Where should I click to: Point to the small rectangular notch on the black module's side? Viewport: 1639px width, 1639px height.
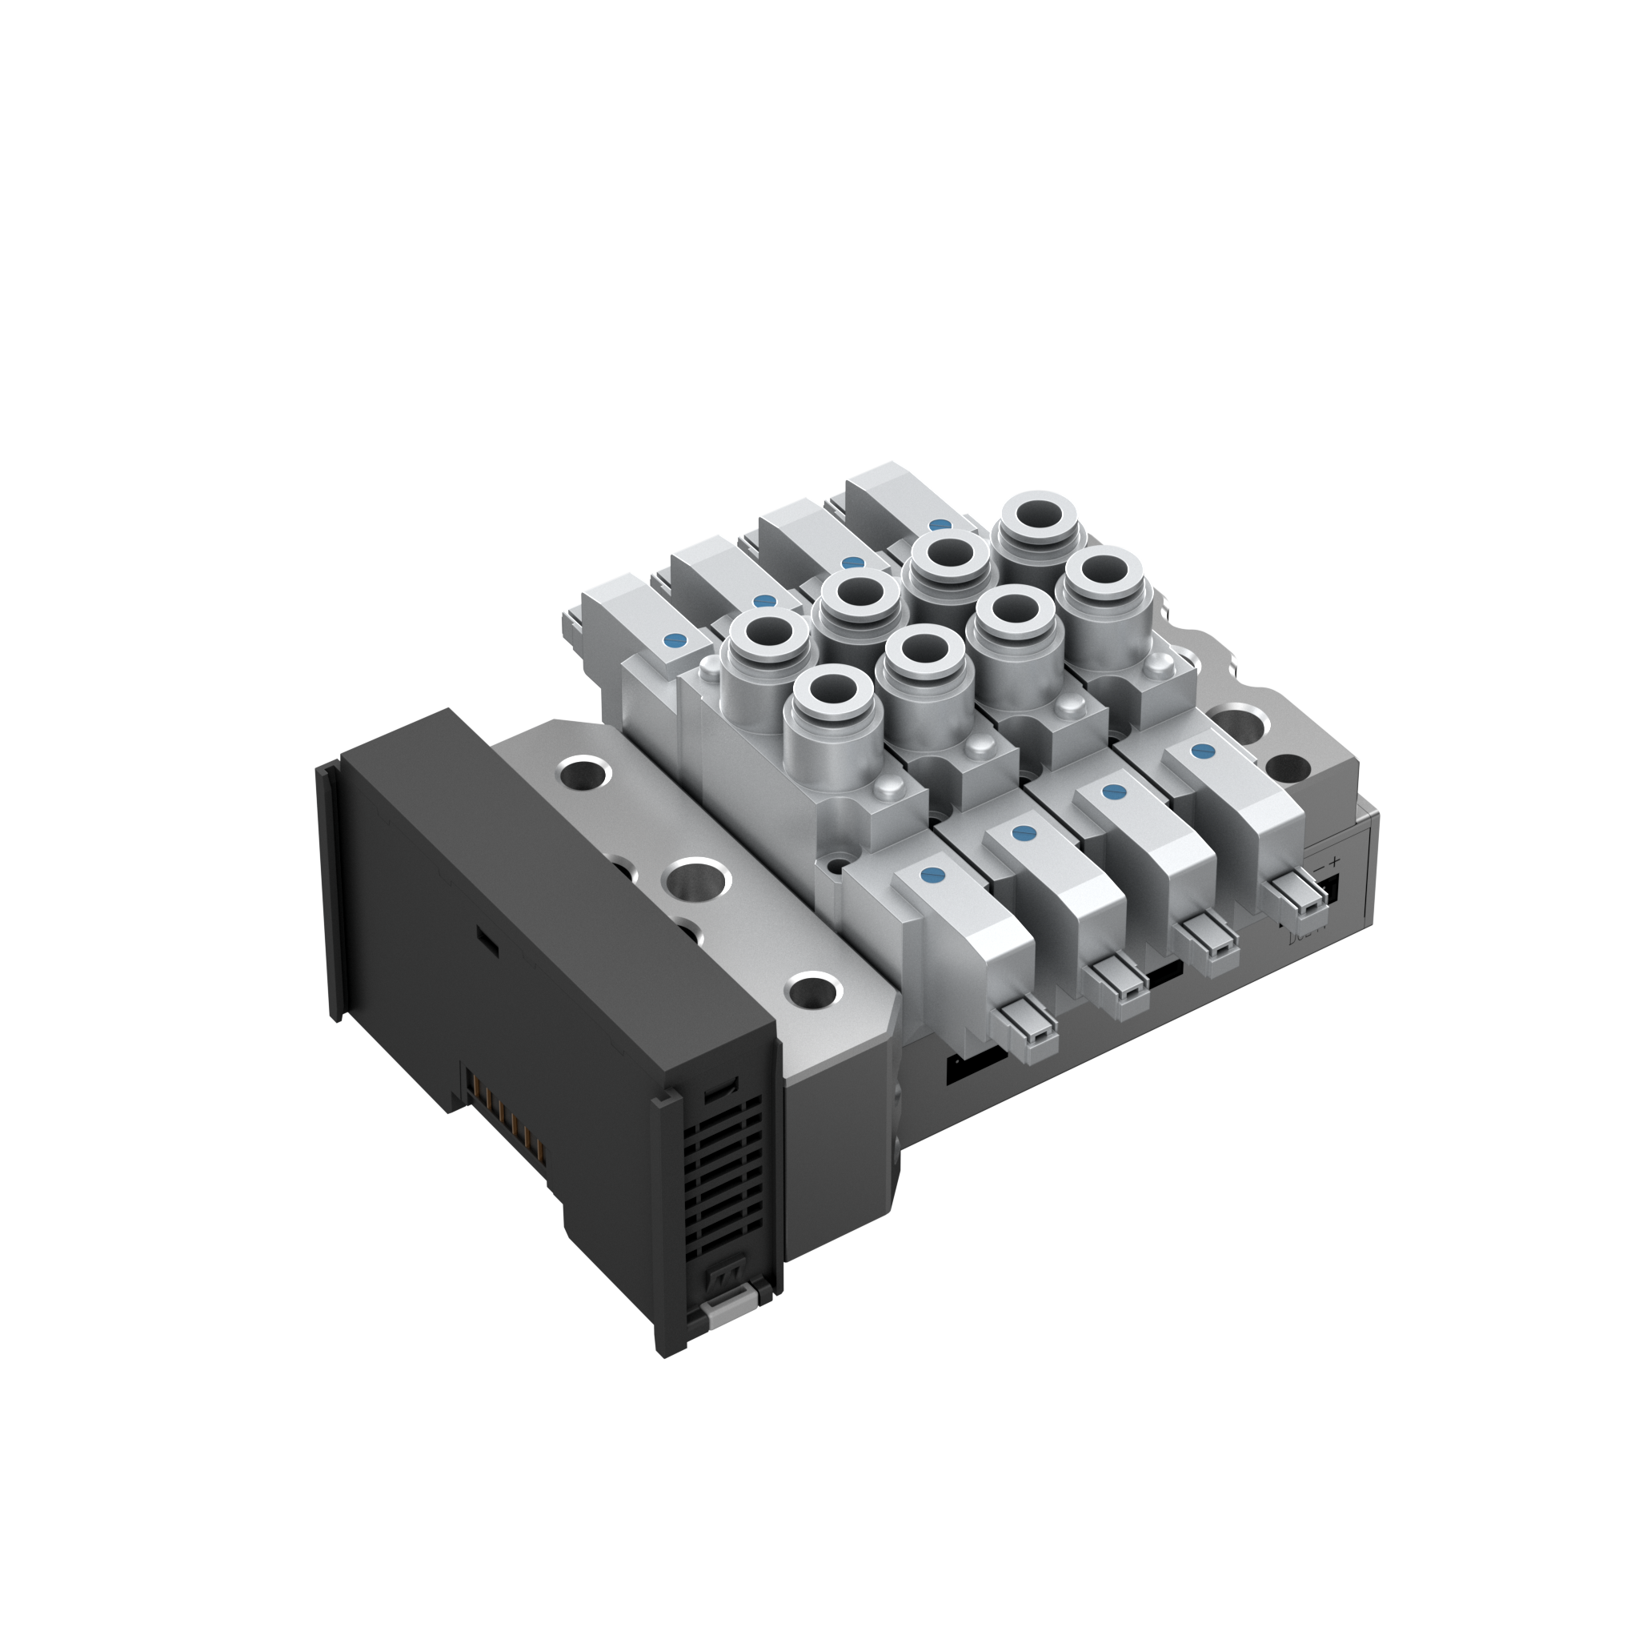[x=485, y=936]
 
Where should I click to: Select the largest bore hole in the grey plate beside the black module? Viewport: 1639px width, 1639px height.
[x=697, y=879]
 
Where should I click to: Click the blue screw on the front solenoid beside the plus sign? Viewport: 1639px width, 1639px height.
[x=1201, y=750]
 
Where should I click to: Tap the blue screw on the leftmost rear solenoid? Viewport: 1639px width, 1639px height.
[x=675, y=640]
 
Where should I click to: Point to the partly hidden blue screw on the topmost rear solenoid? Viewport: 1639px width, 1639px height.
[x=939, y=525]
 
